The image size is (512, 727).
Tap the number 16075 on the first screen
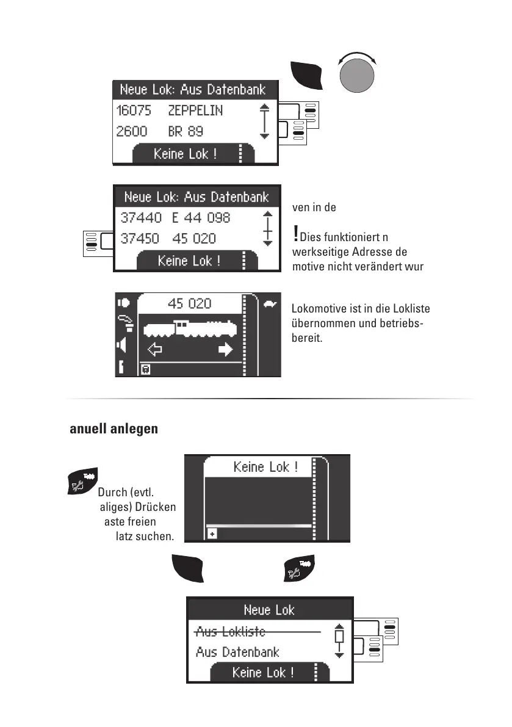click(133, 110)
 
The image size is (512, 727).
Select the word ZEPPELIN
click(195, 110)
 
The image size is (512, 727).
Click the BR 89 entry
click(186, 131)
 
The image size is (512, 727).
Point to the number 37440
click(141, 218)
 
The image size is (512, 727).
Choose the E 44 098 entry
click(201, 218)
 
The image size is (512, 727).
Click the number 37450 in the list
click(141, 239)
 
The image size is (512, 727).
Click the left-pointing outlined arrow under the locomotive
click(155, 350)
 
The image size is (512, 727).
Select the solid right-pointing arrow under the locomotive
click(226, 350)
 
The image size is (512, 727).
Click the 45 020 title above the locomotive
click(189, 303)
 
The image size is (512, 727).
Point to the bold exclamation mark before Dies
click(296, 233)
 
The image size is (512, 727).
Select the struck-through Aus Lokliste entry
click(231, 632)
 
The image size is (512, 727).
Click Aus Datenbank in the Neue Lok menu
click(237, 652)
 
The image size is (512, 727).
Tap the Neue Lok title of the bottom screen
click(269, 610)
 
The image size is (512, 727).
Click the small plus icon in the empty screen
click(213, 533)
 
